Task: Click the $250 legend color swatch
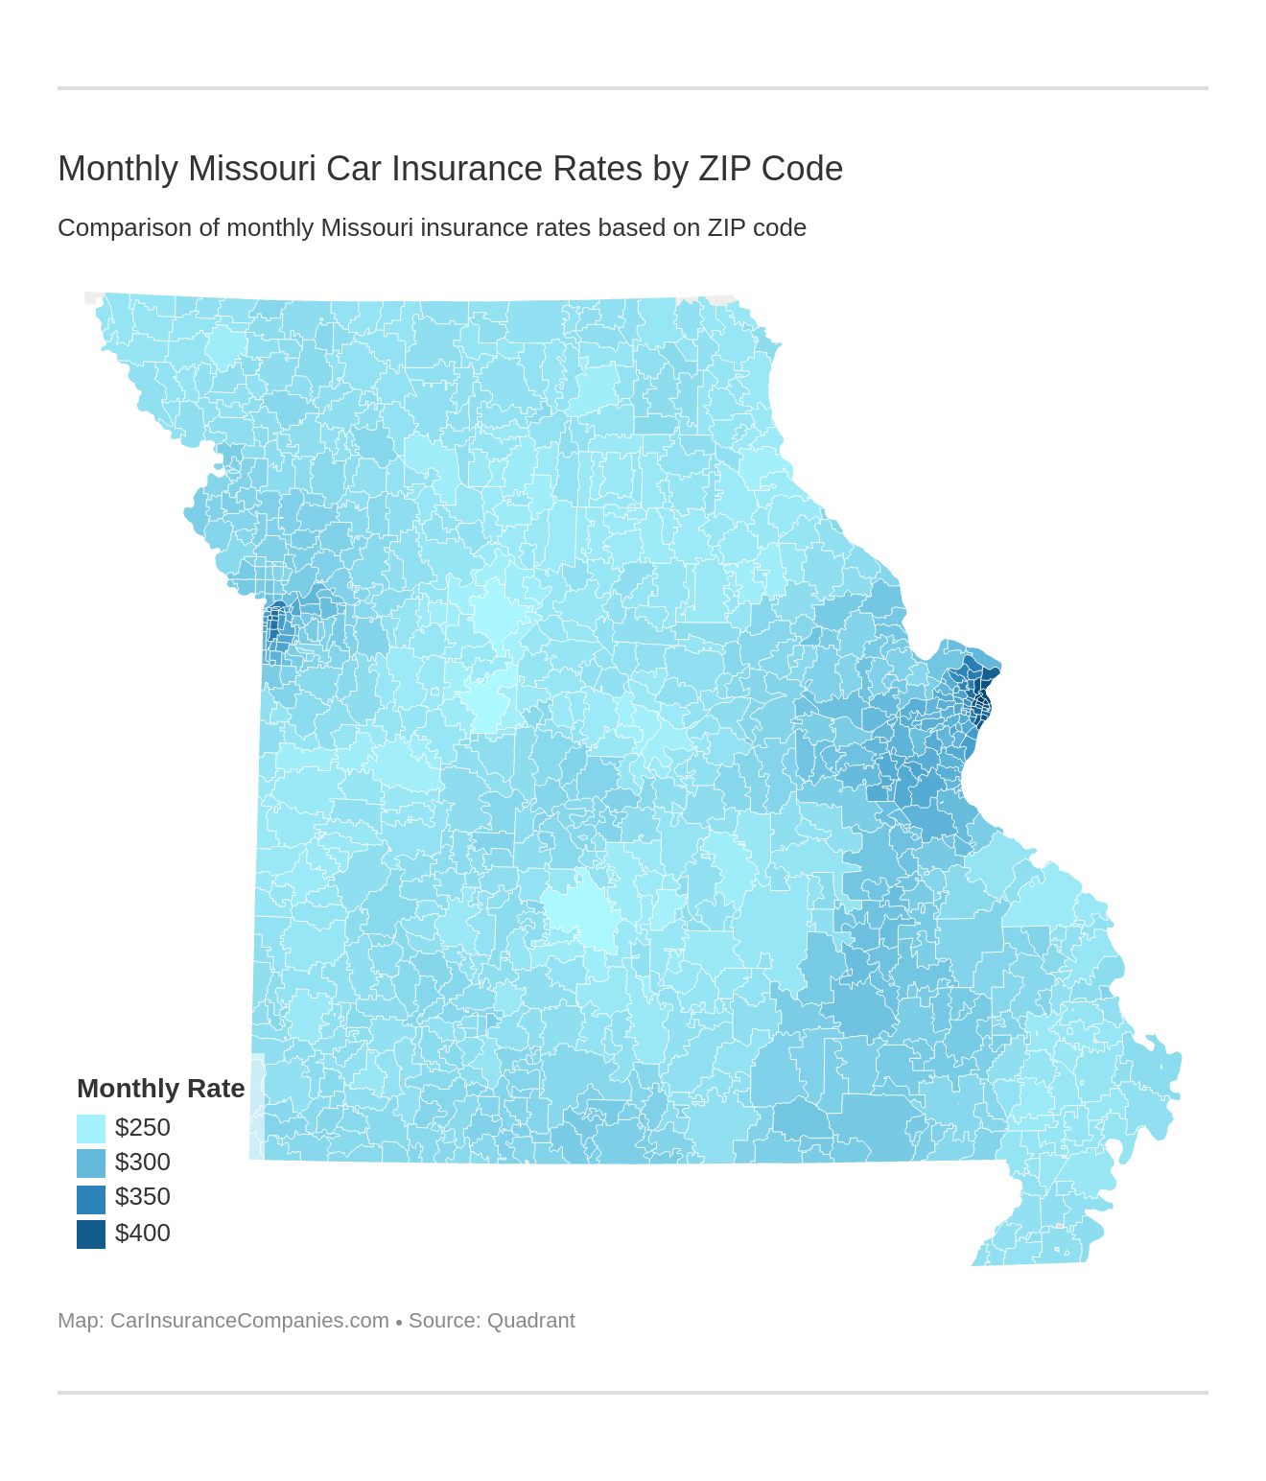[x=91, y=1128]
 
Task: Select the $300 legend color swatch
[x=91, y=1163]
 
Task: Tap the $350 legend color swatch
[x=91, y=1198]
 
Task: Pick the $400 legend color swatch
[x=91, y=1234]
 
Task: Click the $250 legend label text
[x=142, y=1128]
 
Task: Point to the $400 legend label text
[x=142, y=1234]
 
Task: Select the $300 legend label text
[x=142, y=1163]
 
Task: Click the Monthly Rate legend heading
[x=160, y=1089]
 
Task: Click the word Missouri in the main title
[x=251, y=169]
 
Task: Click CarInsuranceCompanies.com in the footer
[x=249, y=1321]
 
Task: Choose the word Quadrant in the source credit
[x=530, y=1321]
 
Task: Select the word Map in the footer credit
[x=78, y=1321]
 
